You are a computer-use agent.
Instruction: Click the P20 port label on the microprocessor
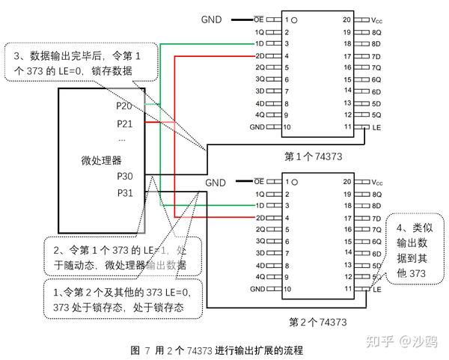click(x=125, y=106)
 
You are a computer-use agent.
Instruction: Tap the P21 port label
click(x=125, y=124)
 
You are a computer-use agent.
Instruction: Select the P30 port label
click(x=125, y=176)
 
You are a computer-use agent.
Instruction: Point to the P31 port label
click(x=125, y=193)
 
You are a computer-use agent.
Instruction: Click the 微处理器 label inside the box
click(x=101, y=159)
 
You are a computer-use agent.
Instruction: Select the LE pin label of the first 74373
click(x=376, y=127)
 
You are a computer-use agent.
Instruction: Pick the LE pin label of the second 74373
click(x=376, y=289)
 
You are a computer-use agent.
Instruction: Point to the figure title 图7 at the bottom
click(x=217, y=350)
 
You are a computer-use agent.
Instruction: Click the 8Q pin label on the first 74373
click(x=376, y=32)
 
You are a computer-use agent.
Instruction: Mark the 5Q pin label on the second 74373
click(x=376, y=276)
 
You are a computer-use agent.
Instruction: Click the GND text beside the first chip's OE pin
click(x=213, y=19)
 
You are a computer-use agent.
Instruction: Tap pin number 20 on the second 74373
click(x=346, y=181)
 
